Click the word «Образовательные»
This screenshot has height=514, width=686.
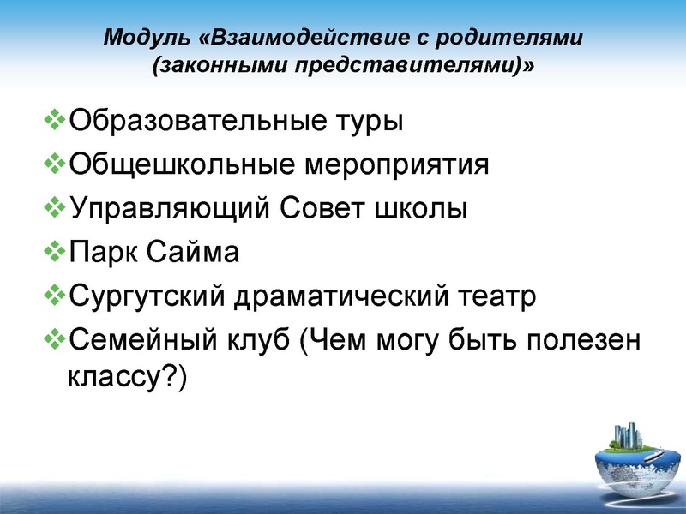pyautogui.click(x=194, y=119)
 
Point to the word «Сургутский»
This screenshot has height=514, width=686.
pyautogui.click(x=147, y=298)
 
